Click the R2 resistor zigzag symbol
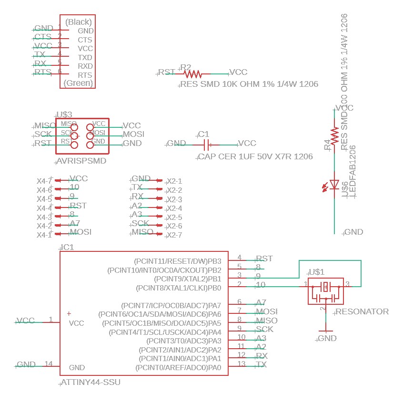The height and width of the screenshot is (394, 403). click(x=193, y=74)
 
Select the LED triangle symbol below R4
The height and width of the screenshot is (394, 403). click(x=334, y=185)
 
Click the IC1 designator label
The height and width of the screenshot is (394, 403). click(x=68, y=247)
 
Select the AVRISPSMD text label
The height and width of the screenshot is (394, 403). click(x=81, y=161)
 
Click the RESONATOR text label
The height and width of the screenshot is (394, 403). click(x=363, y=311)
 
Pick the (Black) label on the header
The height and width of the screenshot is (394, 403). click(x=78, y=22)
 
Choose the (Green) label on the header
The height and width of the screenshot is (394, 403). click(x=78, y=83)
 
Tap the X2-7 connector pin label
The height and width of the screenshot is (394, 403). click(x=174, y=235)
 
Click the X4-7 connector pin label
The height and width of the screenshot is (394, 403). click(x=44, y=181)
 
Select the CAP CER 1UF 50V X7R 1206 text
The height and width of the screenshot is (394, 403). click(x=256, y=156)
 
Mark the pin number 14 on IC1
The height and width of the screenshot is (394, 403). click(x=49, y=364)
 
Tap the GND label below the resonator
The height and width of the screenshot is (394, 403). click(x=327, y=338)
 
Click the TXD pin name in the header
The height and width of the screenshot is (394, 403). click(x=85, y=57)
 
